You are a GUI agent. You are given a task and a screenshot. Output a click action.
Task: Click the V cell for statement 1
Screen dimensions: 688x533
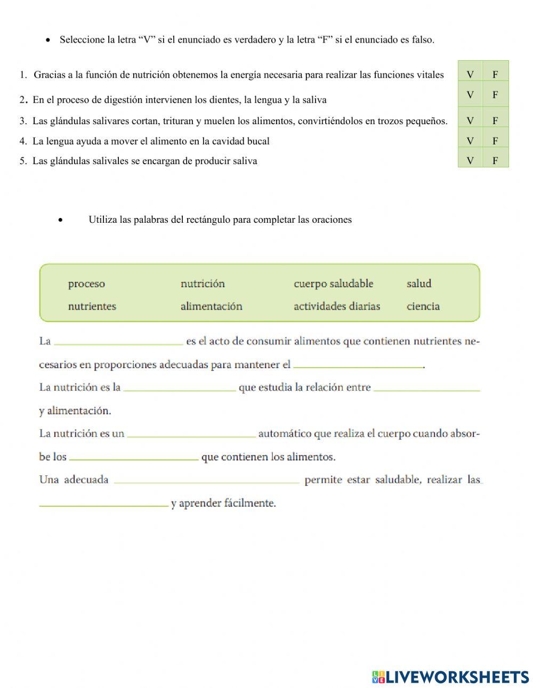[470, 75]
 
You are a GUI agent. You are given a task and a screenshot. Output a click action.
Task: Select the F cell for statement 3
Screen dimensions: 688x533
[495, 121]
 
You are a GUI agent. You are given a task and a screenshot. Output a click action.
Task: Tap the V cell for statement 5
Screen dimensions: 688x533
[470, 160]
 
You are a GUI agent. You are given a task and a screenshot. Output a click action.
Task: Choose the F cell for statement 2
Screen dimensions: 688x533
[495, 95]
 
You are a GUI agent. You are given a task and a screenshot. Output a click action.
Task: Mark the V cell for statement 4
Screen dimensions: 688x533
[470, 141]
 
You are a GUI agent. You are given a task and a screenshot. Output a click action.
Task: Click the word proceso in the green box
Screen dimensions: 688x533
[86, 284]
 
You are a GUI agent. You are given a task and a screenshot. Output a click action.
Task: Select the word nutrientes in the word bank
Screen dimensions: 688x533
[92, 306]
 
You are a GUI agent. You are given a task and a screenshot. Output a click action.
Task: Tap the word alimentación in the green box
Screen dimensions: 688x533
[211, 306]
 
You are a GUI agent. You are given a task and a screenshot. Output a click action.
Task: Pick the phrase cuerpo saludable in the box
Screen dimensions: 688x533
[333, 284]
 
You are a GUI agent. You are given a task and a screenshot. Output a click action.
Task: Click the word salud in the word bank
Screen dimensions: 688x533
[418, 284]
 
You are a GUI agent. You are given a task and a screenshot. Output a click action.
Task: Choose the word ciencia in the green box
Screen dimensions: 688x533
[423, 306]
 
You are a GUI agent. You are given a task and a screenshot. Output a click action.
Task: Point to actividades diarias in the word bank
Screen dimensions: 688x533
[336, 306]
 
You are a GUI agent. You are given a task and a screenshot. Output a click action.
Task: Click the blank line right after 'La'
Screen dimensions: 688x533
[118, 341]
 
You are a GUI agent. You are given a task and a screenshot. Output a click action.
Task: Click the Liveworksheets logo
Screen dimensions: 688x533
[450, 677]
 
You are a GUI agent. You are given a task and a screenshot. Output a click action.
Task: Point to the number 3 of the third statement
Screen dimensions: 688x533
[22, 121]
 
